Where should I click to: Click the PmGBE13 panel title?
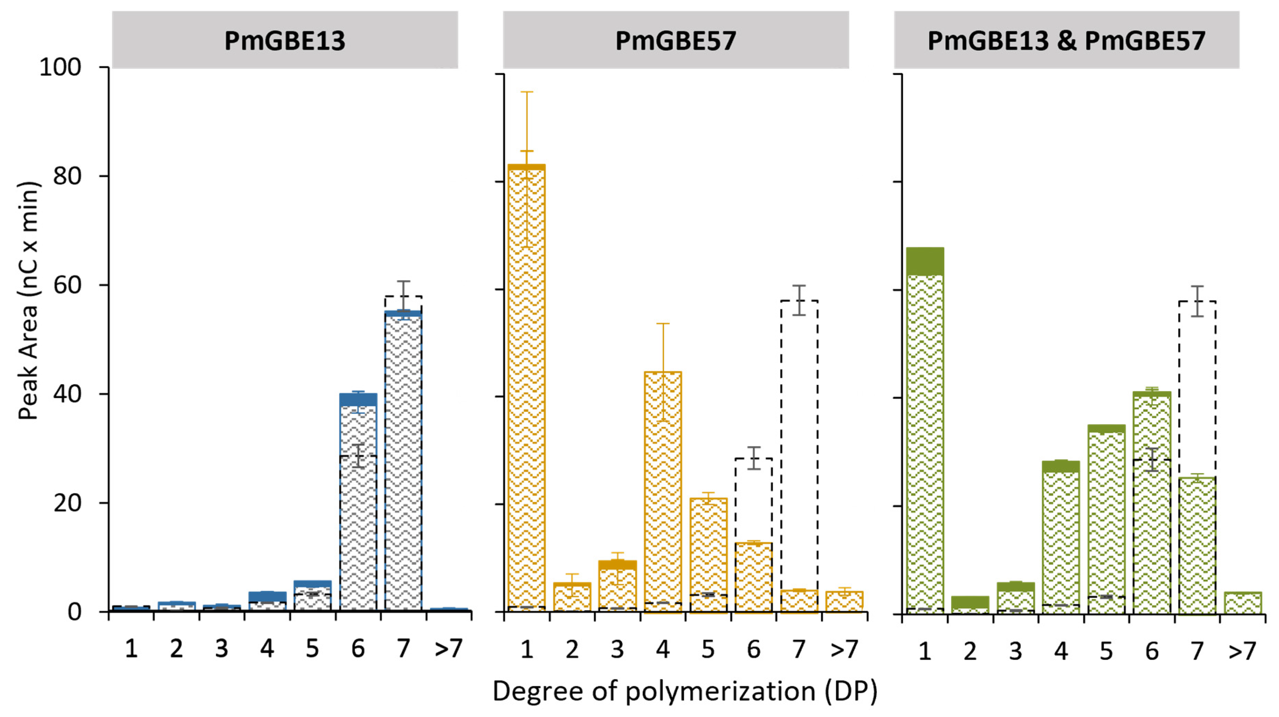coord(285,41)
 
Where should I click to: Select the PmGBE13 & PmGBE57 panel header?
coord(1066,41)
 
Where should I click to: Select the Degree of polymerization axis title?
coord(685,691)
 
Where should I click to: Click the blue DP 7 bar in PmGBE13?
coord(403,462)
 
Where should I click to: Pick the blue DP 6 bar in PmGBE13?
coord(358,502)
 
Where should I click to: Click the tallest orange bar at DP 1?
coord(526,387)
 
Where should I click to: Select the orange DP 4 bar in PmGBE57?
coord(663,492)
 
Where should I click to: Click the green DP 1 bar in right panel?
coord(925,432)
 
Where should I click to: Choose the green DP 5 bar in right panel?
coord(1107,519)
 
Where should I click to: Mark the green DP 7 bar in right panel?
coord(1197,546)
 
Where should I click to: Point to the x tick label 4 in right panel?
coord(1061,651)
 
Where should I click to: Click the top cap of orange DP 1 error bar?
coord(526,92)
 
